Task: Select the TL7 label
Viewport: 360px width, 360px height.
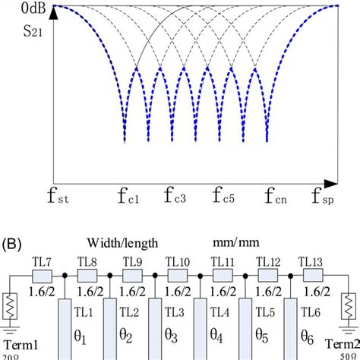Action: [x=43, y=262]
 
